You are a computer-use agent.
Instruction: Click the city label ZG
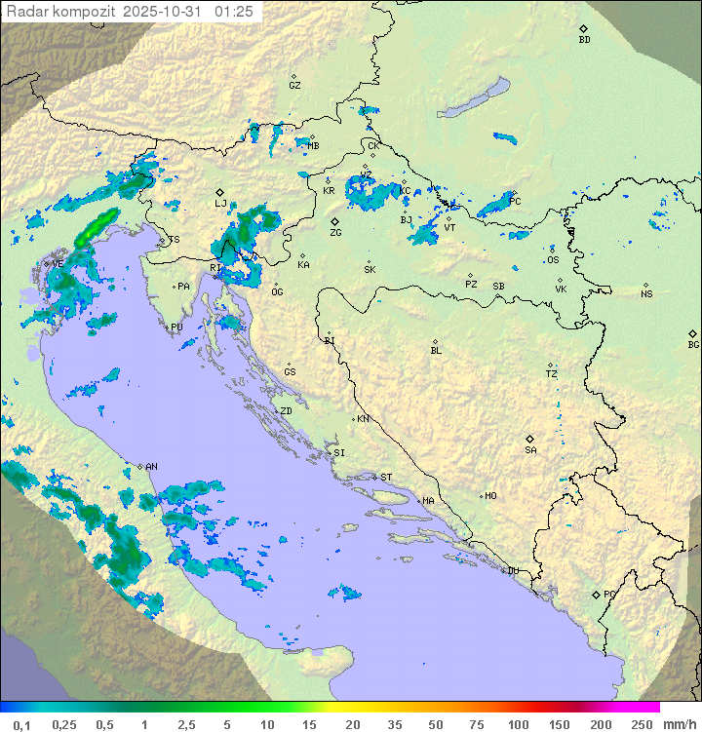tap(335, 233)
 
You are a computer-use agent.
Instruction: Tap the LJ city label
tap(220, 204)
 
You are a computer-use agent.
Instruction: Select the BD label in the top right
tap(584, 40)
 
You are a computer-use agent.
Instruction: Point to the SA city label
tap(530, 450)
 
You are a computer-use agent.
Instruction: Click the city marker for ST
tap(375, 477)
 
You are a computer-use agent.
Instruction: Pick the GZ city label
tap(294, 85)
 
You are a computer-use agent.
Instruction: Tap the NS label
tap(646, 294)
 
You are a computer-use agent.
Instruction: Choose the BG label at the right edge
tap(693, 344)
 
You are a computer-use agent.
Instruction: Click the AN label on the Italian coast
tap(151, 467)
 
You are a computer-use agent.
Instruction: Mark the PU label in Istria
tap(176, 327)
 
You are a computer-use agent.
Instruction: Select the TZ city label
tap(552, 373)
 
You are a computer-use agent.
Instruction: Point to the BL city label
tap(436, 350)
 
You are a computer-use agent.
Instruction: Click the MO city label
tap(490, 495)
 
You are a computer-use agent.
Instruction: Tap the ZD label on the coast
tap(287, 411)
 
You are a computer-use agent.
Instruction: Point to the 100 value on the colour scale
tap(518, 724)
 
